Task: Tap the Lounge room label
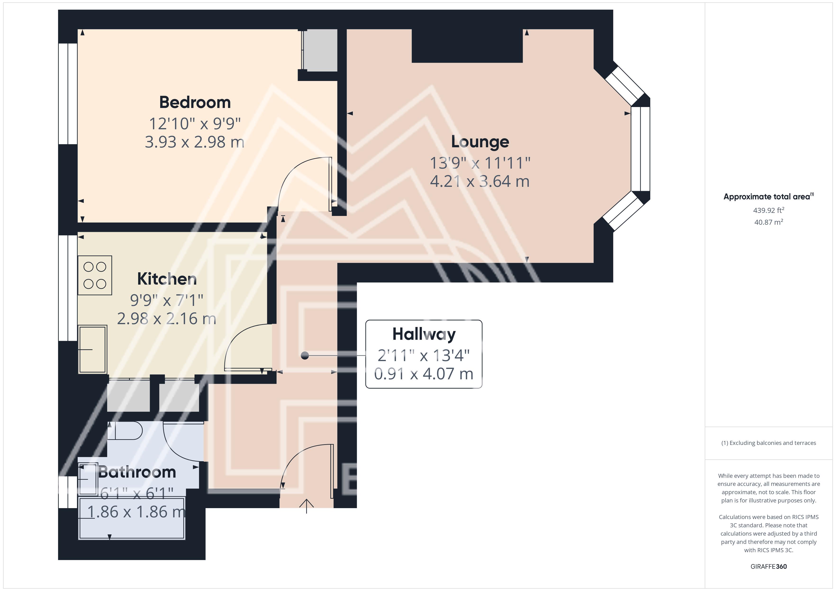tap(480, 142)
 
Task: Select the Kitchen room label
tap(167, 279)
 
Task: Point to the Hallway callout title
tap(424, 334)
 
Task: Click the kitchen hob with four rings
tap(95, 275)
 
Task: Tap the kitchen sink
tap(92, 349)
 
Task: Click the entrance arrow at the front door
tap(307, 506)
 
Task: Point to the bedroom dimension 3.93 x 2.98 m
tap(195, 142)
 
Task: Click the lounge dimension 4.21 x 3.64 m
tap(480, 181)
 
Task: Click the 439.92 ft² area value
tap(769, 210)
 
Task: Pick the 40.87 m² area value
tap(769, 222)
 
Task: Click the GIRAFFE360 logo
tap(769, 567)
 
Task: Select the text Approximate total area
tap(767, 197)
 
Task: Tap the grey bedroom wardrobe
tap(320, 50)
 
